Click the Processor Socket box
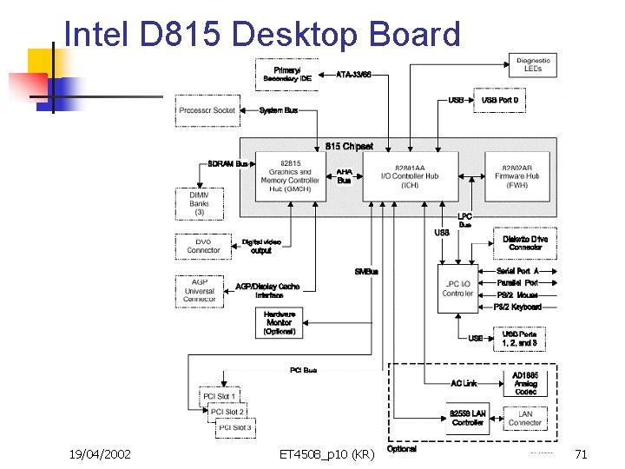(207, 110)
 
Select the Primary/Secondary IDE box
(286, 74)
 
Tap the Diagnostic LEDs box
(533, 64)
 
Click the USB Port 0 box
(499, 100)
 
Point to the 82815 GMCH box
(291, 176)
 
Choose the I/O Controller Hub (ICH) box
(410, 176)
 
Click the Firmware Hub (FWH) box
(521, 176)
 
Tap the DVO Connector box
(204, 246)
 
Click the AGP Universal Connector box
(199, 290)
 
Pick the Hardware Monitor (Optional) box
(279, 321)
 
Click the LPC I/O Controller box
(457, 288)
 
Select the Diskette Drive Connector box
(525, 243)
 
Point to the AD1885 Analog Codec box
(525, 383)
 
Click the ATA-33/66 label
(353, 75)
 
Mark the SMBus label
(366, 272)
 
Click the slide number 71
(581, 454)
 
